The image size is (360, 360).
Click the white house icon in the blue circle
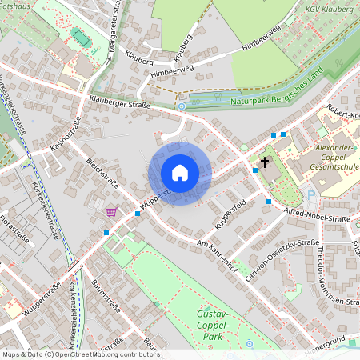(x=179, y=173)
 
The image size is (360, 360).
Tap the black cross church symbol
(x=265, y=162)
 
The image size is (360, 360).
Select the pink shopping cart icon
(x=111, y=212)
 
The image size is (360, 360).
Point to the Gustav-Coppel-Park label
(x=213, y=326)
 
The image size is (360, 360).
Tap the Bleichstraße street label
(x=102, y=174)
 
